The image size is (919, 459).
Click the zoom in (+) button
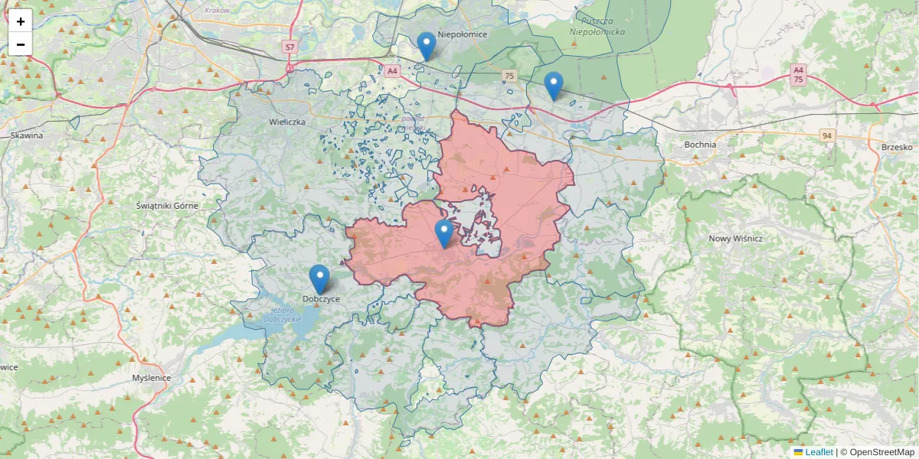pos(21,21)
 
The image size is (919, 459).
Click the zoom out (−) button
pos(21,44)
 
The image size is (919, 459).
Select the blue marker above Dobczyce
pos(319,279)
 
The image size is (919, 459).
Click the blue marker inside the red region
pos(443,233)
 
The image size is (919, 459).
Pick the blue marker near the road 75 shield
pos(553,86)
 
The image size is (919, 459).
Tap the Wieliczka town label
pos(287,122)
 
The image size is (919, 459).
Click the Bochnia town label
pos(700,145)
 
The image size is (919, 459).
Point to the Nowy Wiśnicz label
pos(736,239)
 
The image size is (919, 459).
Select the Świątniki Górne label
pos(167,206)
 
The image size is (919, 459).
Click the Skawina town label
pos(27,135)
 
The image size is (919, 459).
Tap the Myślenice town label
pos(152,378)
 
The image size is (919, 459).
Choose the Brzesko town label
pos(896,147)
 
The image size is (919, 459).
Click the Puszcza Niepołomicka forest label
pos(603,26)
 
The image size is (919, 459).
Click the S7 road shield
pos(289,47)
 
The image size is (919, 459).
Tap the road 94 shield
pos(826,136)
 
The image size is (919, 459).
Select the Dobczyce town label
pos(321,299)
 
